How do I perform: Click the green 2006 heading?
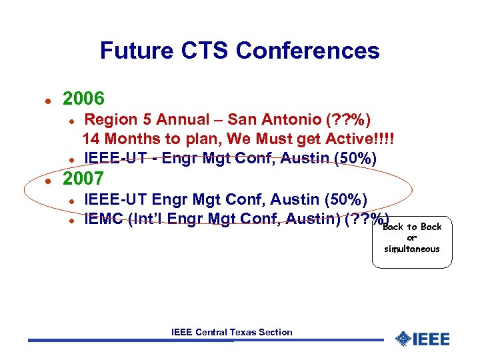pyautogui.click(x=83, y=99)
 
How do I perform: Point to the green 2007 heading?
pyautogui.click(x=83, y=179)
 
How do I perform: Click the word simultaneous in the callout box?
pyautogui.click(x=412, y=249)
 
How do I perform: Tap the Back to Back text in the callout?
pyautogui.click(x=412, y=227)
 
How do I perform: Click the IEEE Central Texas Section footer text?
pyautogui.click(x=231, y=332)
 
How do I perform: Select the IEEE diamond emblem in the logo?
pyautogui.click(x=403, y=339)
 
